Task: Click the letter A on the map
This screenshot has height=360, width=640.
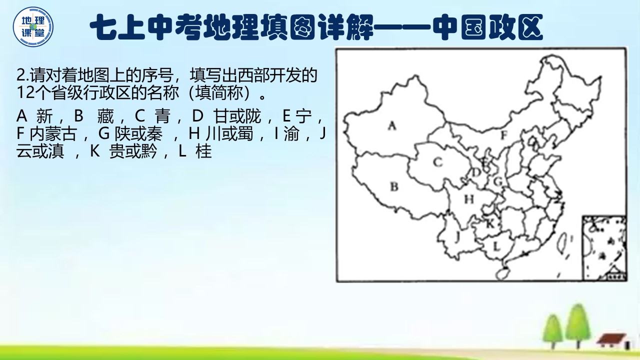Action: coord(392,126)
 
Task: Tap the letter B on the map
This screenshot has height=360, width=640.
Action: coord(394,187)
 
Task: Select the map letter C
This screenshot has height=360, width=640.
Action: coord(438,161)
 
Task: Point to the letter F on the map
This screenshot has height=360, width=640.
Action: coord(504,134)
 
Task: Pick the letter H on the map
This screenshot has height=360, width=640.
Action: coord(468,199)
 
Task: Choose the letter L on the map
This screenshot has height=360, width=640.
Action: coord(496,245)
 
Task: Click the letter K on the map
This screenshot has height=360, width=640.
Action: coord(490,223)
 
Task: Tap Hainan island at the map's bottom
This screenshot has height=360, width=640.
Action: coord(500,273)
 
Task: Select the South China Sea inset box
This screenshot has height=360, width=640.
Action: coord(604,247)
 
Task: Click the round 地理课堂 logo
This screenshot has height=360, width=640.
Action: coord(33,26)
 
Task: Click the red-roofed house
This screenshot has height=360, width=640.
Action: coord(611,340)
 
